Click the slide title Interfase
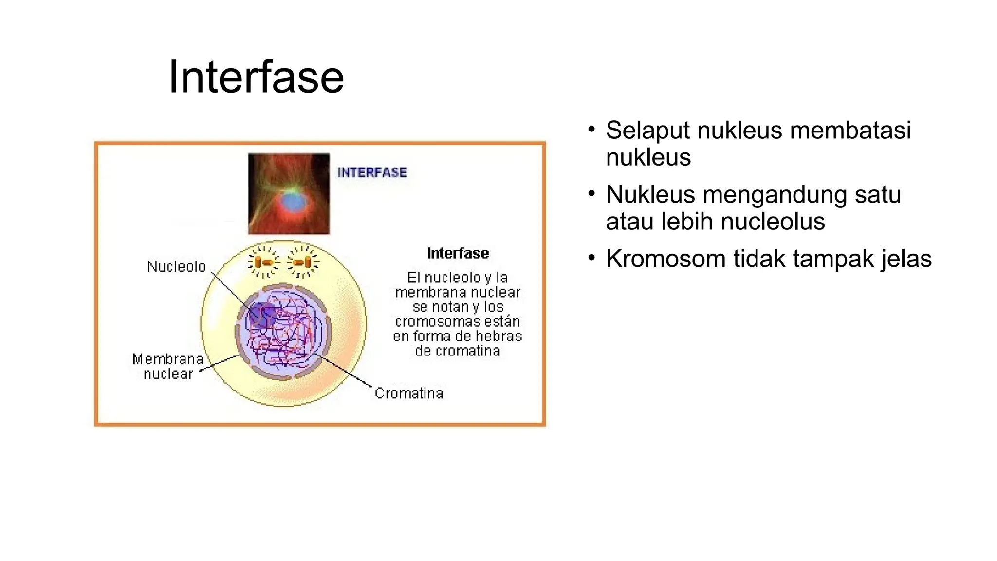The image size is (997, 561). [256, 77]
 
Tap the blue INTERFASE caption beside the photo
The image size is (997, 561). [372, 172]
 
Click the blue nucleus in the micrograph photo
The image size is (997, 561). [292, 201]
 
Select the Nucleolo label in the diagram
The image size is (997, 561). [176, 267]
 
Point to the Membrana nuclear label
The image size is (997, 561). [168, 367]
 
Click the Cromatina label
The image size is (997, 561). [408, 393]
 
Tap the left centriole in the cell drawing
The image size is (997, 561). [263, 263]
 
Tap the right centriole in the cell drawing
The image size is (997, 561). [303, 263]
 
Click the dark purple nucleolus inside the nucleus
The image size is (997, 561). [260, 315]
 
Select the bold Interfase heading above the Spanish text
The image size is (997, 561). [458, 253]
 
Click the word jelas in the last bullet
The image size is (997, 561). [906, 259]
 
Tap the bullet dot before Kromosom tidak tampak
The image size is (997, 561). [591, 257]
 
